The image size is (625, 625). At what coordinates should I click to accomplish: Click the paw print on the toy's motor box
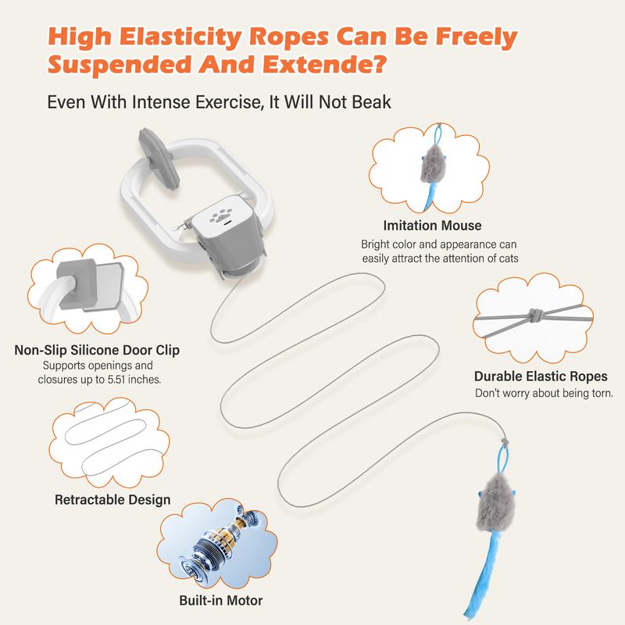point(220,216)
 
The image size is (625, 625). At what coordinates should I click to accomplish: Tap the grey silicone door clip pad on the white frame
point(158,158)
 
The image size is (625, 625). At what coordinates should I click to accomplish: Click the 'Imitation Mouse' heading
point(432,226)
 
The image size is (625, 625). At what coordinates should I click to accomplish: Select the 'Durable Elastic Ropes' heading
point(541,377)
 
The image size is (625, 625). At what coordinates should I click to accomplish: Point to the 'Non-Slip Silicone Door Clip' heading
point(97,350)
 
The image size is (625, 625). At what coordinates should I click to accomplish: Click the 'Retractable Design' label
point(112,499)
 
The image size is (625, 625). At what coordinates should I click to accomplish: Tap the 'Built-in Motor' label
point(221,600)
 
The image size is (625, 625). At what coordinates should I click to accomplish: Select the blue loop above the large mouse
point(503,459)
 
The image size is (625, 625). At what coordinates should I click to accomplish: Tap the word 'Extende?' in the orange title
point(324,65)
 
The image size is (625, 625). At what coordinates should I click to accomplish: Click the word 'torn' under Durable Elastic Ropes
point(602,394)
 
